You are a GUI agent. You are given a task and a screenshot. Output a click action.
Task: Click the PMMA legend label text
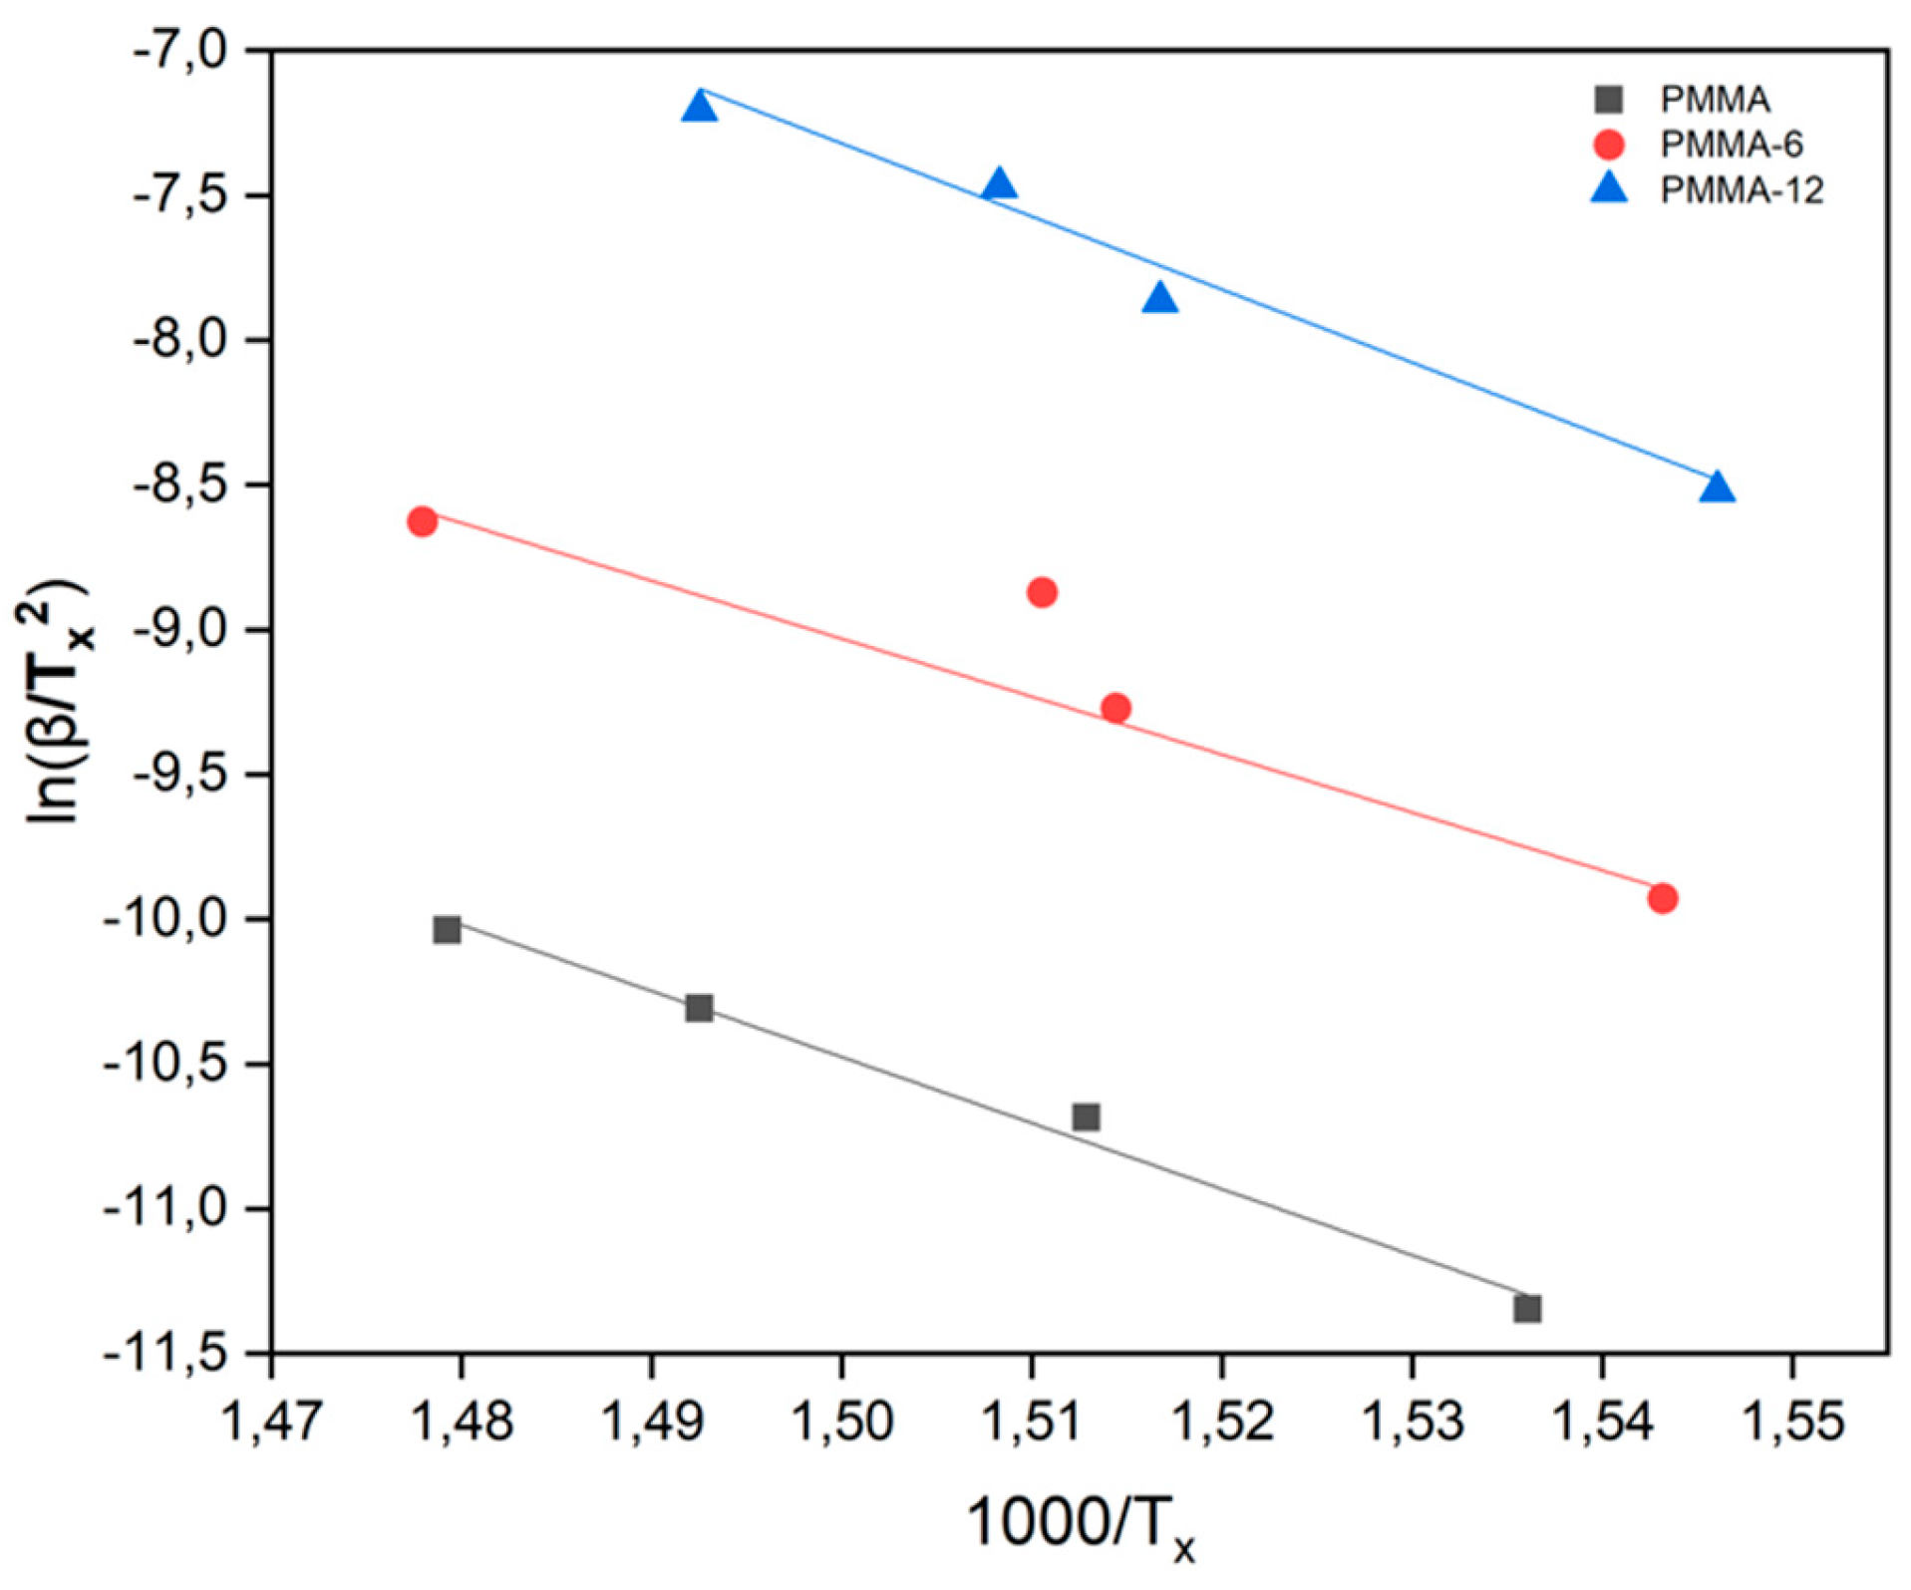tap(1714, 100)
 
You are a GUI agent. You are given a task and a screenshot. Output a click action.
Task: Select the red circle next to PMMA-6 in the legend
tap(1608, 145)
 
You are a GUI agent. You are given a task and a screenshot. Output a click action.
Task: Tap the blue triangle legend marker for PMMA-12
tap(1608, 188)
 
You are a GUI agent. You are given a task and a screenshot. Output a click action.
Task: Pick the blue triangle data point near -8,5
tap(1717, 488)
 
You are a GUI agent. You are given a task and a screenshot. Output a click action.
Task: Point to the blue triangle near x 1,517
tap(1159, 298)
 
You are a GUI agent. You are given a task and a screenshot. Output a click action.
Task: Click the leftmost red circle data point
tap(422, 521)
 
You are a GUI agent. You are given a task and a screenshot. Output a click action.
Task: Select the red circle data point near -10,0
tap(1662, 898)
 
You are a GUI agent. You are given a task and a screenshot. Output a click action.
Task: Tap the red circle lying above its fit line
tap(1042, 592)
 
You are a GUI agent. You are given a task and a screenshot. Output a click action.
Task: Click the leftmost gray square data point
tap(447, 929)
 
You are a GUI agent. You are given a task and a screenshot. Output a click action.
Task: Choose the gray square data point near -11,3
tap(1527, 1308)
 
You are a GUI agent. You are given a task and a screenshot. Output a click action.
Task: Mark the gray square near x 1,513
tap(1086, 1116)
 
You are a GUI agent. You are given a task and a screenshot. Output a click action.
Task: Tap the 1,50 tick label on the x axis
tap(841, 1421)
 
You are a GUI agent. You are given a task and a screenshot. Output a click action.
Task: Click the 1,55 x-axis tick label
tap(1791, 1421)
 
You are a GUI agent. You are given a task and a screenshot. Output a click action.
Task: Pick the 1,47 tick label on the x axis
tap(271, 1421)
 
